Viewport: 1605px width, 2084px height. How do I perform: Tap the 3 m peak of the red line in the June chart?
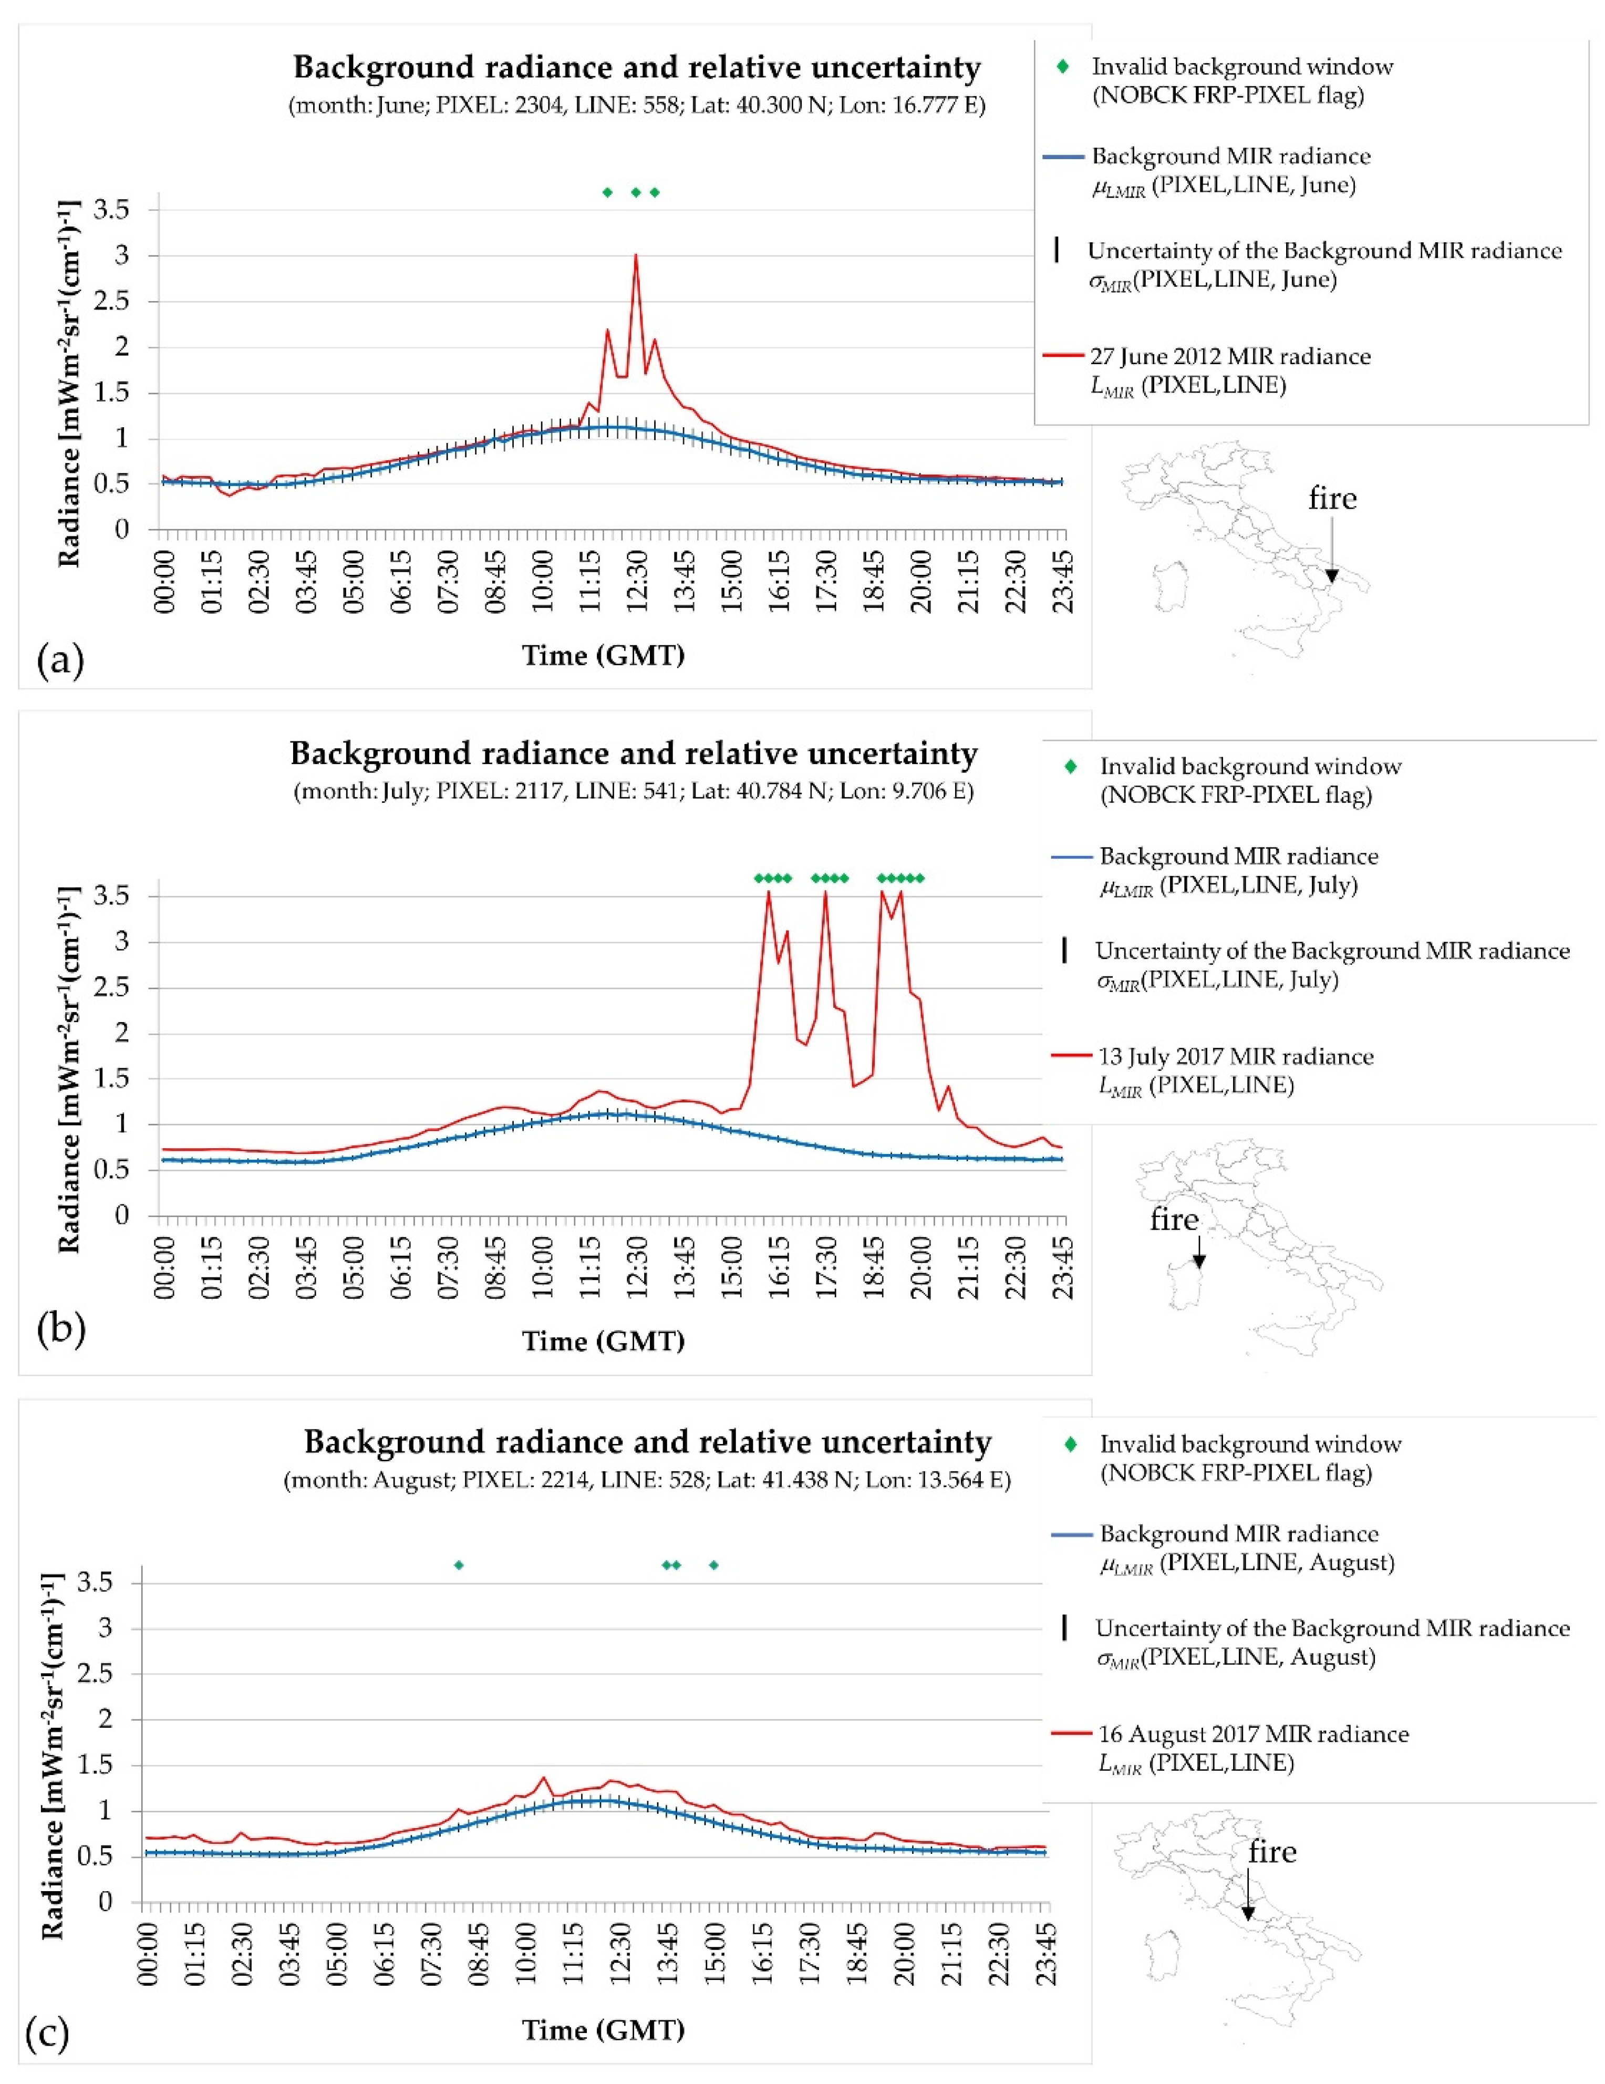point(636,256)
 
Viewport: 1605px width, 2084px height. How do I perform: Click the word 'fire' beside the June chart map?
point(1332,498)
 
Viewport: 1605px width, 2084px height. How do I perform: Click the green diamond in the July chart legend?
point(1071,766)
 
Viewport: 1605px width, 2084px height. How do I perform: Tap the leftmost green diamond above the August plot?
point(459,1565)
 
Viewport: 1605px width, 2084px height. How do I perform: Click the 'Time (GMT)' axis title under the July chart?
point(603,1340)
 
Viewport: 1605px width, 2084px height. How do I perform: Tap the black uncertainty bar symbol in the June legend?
point(1057,251)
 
